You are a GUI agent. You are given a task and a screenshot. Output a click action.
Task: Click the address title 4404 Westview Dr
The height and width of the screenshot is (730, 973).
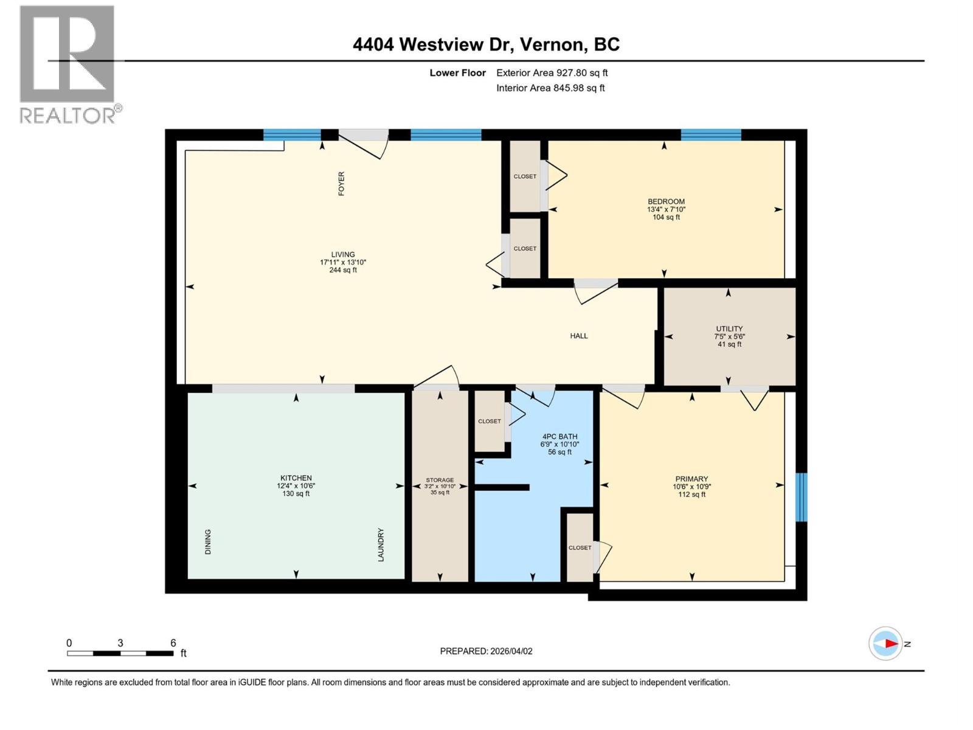pos(486,44)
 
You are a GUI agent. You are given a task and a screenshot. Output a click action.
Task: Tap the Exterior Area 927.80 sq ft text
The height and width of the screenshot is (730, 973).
pos(552,73)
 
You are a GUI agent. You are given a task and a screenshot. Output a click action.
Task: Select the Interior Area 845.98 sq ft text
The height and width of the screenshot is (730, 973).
pos(550,88)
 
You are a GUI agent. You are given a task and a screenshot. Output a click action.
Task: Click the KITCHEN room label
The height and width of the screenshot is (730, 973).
pos(296,478)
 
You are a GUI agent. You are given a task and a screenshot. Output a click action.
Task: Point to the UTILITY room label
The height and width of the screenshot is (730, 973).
pos(729,328)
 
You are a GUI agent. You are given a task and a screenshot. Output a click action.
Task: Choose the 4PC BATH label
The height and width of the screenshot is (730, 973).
pos(559,437)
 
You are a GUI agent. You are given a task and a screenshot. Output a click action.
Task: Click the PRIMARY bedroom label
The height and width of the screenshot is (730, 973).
pos(691,479)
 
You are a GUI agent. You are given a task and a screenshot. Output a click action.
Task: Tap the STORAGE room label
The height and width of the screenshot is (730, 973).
pos(440,480)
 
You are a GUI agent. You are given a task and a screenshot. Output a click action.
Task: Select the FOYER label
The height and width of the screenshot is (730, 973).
pos(341,183)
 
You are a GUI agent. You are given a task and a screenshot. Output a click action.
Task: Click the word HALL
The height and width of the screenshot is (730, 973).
pos(579,336)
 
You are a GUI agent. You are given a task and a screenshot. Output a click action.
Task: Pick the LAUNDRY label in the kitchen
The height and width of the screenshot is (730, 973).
pos(381,544)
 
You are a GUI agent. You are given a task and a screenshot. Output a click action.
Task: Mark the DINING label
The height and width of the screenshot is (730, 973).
pos(208,541)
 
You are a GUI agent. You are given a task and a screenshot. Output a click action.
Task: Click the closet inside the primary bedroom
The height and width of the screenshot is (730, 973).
pos(580,547)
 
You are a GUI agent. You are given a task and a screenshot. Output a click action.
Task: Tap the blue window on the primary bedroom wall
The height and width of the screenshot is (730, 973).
pos(802,497)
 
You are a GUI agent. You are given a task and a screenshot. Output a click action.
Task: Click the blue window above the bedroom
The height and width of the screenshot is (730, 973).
pos(710,135)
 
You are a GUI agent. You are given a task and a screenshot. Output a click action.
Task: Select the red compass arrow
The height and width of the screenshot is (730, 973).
pos(890,644)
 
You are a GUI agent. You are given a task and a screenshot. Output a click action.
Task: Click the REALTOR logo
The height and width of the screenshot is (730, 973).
pos(68,64)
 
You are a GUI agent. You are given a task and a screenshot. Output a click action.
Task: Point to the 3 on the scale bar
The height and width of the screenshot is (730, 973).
pos(120,643)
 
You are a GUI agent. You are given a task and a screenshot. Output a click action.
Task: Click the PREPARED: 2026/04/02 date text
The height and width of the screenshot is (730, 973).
pos(486,651)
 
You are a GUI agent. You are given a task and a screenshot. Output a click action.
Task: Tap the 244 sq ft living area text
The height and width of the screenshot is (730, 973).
pos(343,270)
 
